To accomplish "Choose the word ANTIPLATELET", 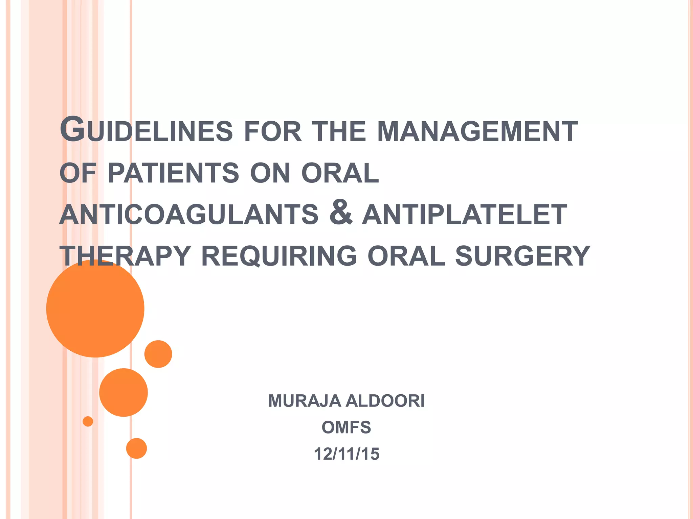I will pos(464,215).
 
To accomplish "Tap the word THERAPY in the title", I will pos(125,256).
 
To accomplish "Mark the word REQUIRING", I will pos(279,256).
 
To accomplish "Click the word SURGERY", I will pos(522,256).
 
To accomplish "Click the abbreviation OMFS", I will pos(346,427).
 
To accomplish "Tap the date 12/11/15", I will pos(346,454).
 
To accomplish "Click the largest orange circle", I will pos(95,308).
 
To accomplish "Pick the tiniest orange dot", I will pos(88,421).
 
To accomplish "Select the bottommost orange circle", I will pos(136,448).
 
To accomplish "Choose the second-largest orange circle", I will pos(124,392).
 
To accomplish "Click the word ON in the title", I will pos(270,173).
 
